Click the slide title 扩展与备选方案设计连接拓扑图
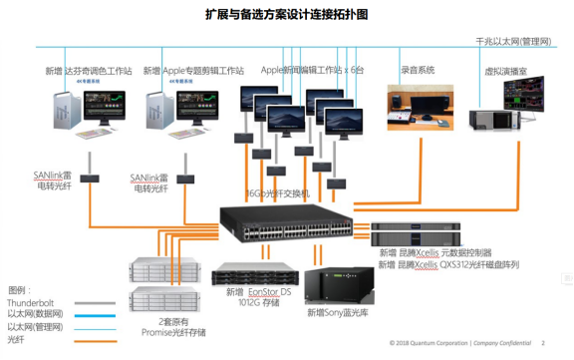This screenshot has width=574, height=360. pyautogui.click(x=286, y=15)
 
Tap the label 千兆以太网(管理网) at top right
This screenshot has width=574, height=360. pyautogui.click(x=512, y=41)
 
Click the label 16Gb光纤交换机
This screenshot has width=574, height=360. pyautogui.click(x=278, y=192)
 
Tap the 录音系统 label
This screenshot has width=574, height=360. pyautogui.click(x=418, y=71)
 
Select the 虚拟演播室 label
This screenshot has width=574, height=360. pyautogui.click(x=504, y=72)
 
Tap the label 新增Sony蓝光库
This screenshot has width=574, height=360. pyautogui.click(x=338, y=313)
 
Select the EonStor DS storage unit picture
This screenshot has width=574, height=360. pyautogui.click(x=255, y=274)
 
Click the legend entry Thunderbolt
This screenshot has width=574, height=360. pyautogui.click(x=31, y=301)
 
